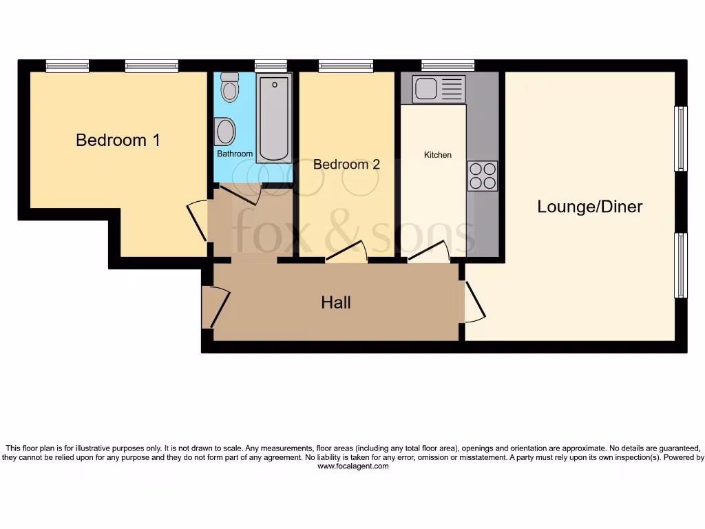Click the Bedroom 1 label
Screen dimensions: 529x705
point(118,141)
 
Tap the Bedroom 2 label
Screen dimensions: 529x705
point(346,165)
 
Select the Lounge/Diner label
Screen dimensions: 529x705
point(590,207)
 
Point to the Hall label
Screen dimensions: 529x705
point(336,302)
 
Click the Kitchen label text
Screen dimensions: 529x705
point(437,155)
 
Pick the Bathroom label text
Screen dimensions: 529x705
point(235,154)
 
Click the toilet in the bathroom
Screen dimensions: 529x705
point(229,87)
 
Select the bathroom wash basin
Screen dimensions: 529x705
point(225,130)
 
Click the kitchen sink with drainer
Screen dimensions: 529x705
point(439,89)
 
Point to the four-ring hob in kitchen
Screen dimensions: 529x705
point(482,175)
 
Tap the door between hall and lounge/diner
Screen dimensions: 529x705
point(474,301)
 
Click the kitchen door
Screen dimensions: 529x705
point(430,253)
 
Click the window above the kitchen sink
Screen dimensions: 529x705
point(448,66)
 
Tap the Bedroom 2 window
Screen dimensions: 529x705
point(346,66)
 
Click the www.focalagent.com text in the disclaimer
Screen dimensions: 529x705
point(352,466)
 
